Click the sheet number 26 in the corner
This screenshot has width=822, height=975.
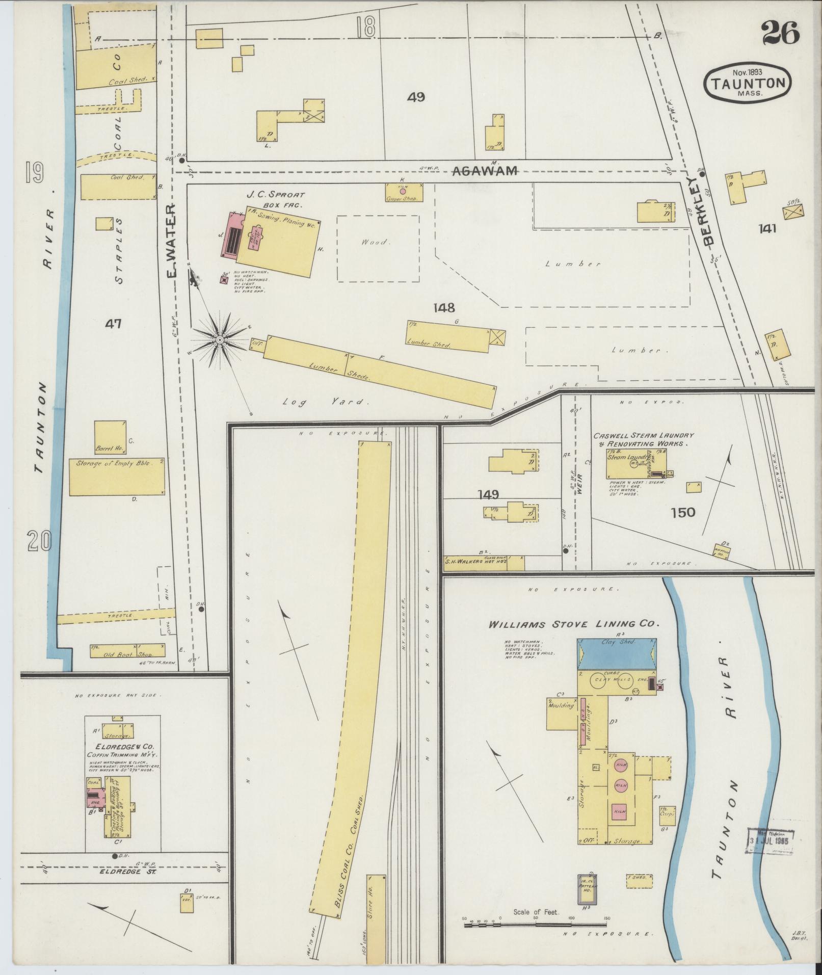click(780, 34)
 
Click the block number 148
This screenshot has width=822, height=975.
click(444, 308)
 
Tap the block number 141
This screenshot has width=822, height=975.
click(766, 229)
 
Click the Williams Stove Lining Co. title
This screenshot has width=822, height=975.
click(574, 624)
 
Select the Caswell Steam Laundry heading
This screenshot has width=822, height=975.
click(643, 439)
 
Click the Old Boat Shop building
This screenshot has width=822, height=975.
click(127, 650)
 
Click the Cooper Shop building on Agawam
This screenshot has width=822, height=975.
click(404, 193)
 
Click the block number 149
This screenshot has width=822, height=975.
click(488, 493)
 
